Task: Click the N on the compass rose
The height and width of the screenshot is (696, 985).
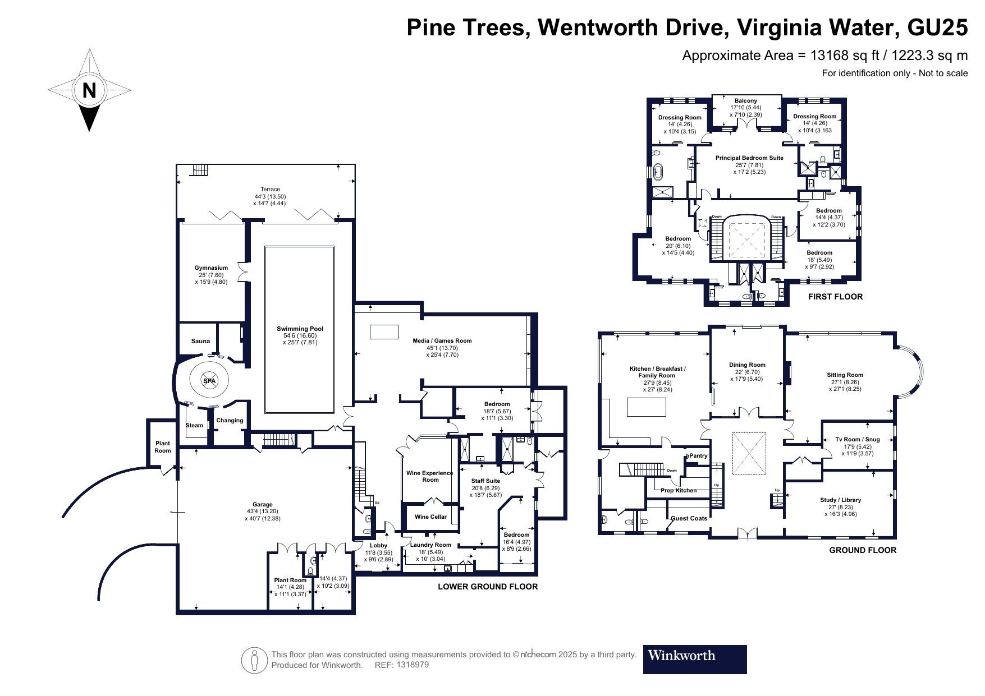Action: tap(89, 90)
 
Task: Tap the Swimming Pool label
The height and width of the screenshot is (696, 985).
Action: tap(300, 329)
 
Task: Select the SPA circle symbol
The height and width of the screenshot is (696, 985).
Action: tap(209, 381)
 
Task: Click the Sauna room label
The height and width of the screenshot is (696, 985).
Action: tap(200, 341)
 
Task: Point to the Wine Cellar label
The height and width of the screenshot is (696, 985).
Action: tap(430, 517)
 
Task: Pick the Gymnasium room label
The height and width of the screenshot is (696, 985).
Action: tap(211, 268)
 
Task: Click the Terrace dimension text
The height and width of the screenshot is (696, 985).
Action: tap(270, 200)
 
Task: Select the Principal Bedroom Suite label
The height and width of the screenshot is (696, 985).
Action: tap(749, 158)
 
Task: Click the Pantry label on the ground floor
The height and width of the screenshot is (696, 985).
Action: tap(698, 456)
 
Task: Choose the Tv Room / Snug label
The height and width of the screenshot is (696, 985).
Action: tap(858, 440)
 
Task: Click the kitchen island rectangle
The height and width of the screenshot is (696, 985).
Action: tap(646, 406)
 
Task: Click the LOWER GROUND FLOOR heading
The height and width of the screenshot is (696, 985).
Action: tap(487, 587)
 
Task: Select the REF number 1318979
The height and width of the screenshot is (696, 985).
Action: tap(413, 665)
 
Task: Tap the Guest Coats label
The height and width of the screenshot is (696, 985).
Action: tap(689, 518)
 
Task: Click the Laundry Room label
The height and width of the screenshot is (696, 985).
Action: tap(430, 545)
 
